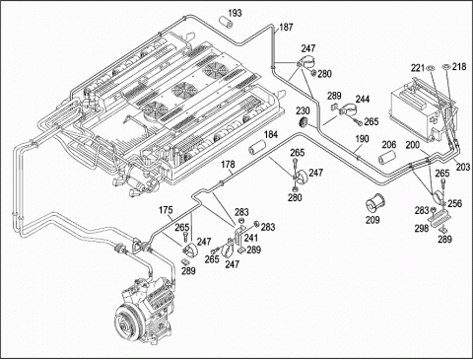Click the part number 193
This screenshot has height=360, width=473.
point(235,13)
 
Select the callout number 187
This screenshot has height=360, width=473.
point(286,27)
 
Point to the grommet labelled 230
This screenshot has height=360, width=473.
point(304,122)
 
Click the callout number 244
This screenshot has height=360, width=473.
point(363,99)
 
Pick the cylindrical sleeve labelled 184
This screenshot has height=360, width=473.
point(257,147)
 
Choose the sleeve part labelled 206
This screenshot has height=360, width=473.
point(386,158)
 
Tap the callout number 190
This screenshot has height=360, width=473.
point(362,139)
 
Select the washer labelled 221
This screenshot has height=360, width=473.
point(430,68)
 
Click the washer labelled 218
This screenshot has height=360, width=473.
point(446,67)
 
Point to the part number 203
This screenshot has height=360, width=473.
point(463,167)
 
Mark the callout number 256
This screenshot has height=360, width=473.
point(455,203)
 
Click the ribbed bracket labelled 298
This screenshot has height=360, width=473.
point(440,219)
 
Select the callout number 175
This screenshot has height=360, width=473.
point(166,210)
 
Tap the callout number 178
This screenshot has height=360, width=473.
point(228,165)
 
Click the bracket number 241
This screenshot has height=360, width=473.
point(251,238)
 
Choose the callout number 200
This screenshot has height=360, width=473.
point(412,144)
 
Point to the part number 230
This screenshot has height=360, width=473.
point(303,110)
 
